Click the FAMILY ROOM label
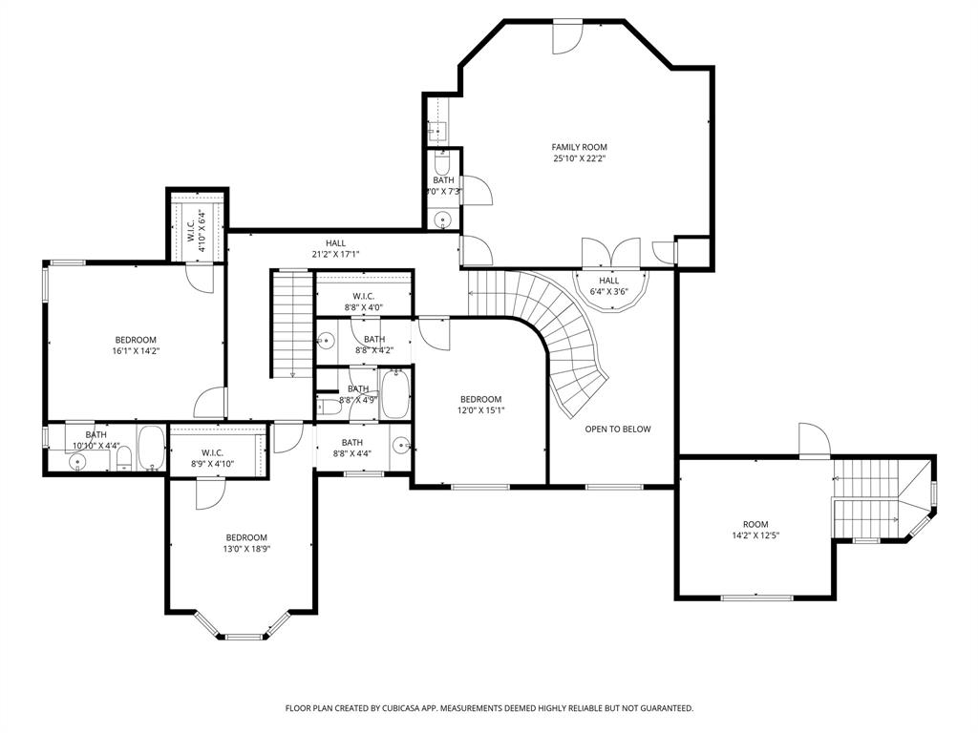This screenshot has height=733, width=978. (x=579, y=147)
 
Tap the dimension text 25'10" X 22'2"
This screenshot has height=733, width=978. (x=579, y=158)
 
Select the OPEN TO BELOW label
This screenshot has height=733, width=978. (x=617, y=429)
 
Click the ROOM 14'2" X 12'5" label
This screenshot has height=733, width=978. (x=755, y=530)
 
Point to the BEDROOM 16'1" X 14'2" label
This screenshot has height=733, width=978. (x=136, y=346)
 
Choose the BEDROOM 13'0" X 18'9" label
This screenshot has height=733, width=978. (x=246, y=542)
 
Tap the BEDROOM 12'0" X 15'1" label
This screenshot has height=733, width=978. (x=480, y=405)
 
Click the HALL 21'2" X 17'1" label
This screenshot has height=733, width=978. (x=335, y=248)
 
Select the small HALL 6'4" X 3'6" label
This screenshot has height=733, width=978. (x=609, y=286)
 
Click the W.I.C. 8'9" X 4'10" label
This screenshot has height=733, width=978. (x=212, y=458)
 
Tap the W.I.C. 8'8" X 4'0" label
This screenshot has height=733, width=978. (x=363, y=302)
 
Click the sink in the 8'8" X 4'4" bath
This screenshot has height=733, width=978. (x=400, y=445)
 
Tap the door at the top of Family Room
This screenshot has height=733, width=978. (x=567, y=34)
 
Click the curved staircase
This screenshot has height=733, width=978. (x=573, y=353)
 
